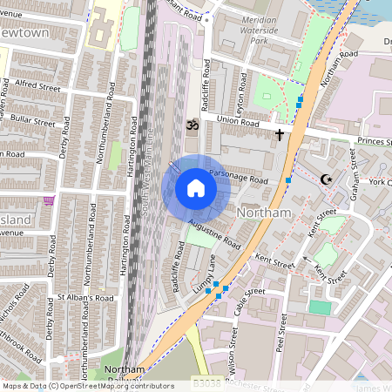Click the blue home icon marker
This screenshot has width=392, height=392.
tap(196, 188)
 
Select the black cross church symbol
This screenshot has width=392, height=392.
tap(280, 135)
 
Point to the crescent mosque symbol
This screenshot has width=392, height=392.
tap(328, 179)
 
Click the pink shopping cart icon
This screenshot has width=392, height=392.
tap(50, 200)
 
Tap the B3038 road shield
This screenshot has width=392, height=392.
tap(206, 382)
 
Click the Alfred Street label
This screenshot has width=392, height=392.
tap(37, 86)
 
